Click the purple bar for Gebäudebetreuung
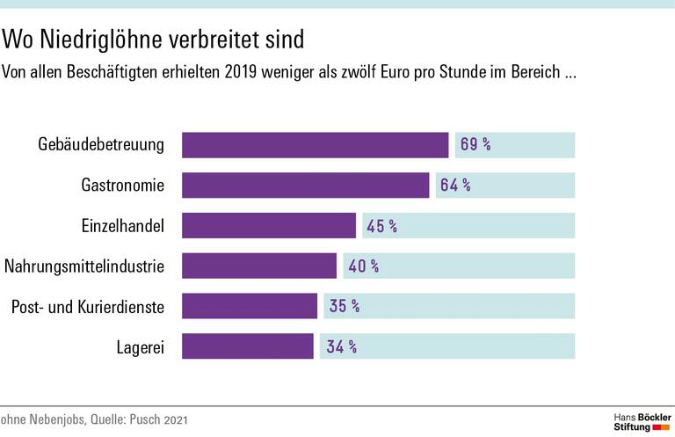[316, 144]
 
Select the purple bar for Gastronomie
[305, 185]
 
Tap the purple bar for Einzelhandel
[269, 225]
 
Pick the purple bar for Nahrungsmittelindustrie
[259, 266]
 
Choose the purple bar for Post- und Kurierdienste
[250, 306]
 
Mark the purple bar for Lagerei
[247, 346]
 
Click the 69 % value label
[475, 144]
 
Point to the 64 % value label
[455, 185]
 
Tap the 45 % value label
[381, 226]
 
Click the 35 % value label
[343, 306]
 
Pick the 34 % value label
[340, 346]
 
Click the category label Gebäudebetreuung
[101, 145]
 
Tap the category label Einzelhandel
[117, 226]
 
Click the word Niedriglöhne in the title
[102, 40]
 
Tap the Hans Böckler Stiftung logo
[642, 420]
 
